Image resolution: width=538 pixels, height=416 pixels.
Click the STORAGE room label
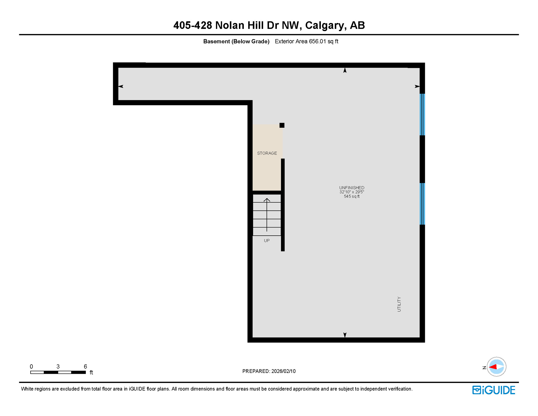tap(267, 153)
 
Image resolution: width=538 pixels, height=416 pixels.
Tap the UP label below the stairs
tap(267, 240)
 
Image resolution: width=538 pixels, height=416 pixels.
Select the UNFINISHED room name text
tap(352, 188)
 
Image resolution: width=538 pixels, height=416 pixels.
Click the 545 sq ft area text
tap(352, 196)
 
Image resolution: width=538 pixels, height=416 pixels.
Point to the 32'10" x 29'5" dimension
tap(352, 192)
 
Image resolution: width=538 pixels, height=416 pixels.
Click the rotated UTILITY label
tap(399, 304)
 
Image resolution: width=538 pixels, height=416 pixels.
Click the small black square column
tap(282, 125)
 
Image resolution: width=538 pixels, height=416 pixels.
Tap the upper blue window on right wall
tap(422, 114)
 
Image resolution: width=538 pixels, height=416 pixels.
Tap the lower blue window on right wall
tap(422, 204)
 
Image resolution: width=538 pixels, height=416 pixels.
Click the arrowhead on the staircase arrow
tap(267, 200)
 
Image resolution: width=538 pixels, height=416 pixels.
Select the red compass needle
tap(493, 367)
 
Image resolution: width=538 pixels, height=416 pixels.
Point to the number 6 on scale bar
tap(85, 366)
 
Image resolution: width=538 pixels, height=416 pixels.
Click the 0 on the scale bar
tap(31, 366)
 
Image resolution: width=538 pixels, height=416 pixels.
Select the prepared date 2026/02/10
tap(283, 371)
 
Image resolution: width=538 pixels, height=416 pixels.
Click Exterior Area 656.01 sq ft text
tap(306, 41)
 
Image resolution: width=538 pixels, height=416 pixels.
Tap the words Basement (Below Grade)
tap(236, 41)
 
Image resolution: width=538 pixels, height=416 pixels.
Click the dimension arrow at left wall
tap(121, 86)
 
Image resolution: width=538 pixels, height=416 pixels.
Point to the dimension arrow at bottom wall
tap(345, 335)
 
